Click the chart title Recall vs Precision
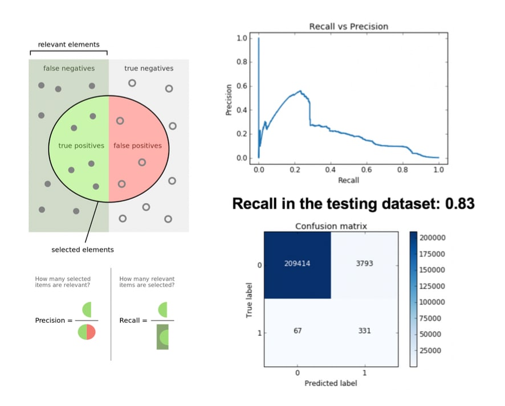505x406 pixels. point(348,26)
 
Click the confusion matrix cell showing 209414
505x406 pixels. point(297,265)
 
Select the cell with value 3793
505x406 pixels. point(364,265)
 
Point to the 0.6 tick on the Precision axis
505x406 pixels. point(242,86)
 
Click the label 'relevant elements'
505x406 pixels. point(68,44)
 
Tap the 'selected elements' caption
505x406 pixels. point(83,249)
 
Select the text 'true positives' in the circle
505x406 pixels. point(82,146)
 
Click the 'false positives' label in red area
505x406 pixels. point(137,146)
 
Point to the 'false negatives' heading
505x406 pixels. point(69,68)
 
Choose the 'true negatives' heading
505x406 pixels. point(149,68)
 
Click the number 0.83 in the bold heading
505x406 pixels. point(459,203)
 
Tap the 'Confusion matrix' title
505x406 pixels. point(331,226)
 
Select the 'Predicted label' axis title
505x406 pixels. point(331,383)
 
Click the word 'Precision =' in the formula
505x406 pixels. point(54,321)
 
